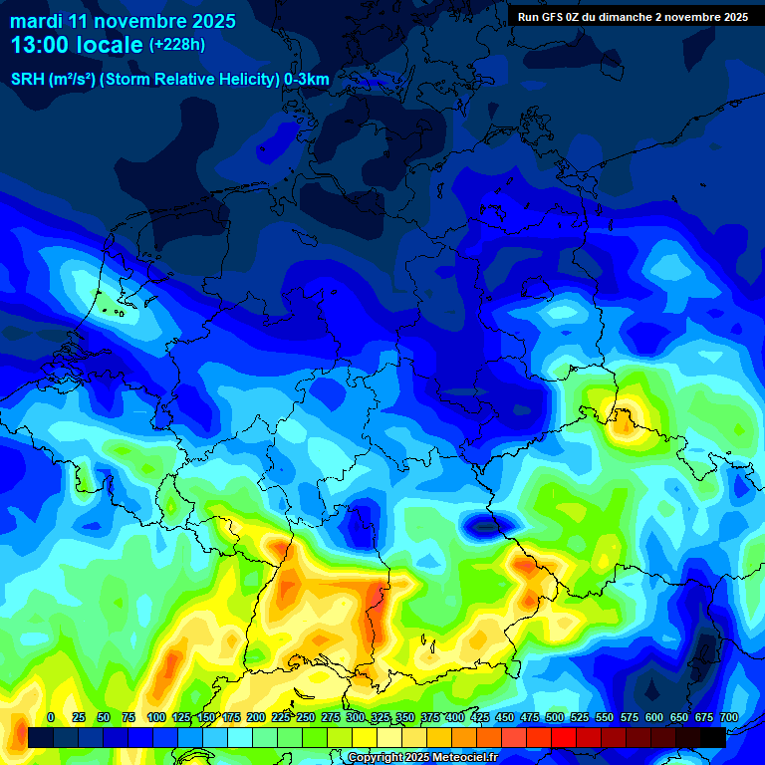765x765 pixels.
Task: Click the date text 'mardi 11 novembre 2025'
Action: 123,21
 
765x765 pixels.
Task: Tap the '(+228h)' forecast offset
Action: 177,45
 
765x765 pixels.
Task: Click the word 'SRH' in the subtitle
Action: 27,80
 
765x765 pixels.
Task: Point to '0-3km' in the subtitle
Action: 307,80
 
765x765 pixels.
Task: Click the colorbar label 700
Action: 728,717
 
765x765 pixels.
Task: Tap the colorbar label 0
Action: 51,717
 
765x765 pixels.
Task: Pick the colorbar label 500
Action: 555,717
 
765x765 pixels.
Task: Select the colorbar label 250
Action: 305,717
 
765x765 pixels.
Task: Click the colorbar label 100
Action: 156,717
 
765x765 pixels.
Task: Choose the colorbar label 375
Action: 429,717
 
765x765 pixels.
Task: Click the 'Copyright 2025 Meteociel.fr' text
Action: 422,758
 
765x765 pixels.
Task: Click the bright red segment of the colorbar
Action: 564,737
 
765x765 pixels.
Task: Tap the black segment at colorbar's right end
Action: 713,737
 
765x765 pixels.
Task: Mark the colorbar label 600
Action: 654,717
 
